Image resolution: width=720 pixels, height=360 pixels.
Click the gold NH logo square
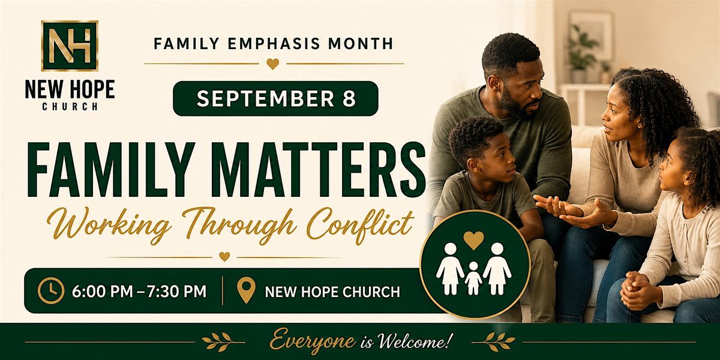(x=70, y=46)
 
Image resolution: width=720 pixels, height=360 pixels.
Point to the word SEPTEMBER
(x=265, y=98)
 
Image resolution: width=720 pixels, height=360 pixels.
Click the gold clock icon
(x=50, y=290)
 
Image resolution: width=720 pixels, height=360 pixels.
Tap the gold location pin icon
(x=246, y=290)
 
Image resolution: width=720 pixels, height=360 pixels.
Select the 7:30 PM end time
(x=176, y=291)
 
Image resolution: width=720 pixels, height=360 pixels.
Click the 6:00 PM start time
(x=102, y=291)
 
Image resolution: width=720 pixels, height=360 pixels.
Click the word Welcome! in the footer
(x=413, y=340)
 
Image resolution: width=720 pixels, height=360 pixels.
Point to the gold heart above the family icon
(x=473, y=240)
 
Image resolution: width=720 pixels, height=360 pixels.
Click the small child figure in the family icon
(x=473, y=278)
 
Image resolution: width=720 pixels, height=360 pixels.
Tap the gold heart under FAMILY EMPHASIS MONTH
(x=273, y=64)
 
